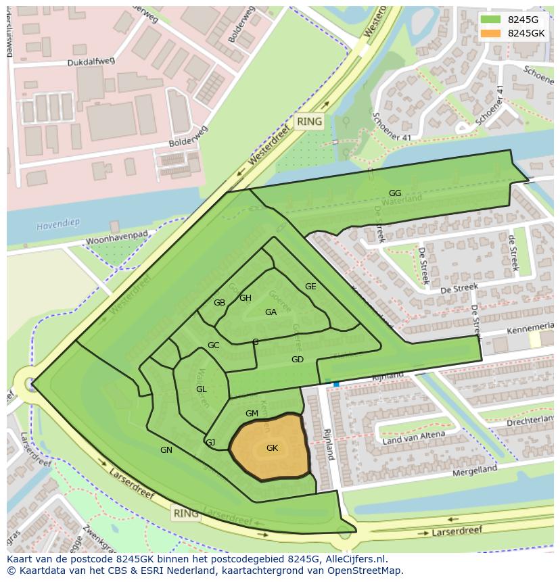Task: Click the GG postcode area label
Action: point(395,193)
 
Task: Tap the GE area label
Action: point(310,287)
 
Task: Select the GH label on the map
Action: point(246,298)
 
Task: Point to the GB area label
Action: point(219,303)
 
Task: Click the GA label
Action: point(271,312)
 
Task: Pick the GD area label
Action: point(298,359)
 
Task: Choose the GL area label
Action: point(202,389)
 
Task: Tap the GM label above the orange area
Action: point(252,414)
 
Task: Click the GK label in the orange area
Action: point(272,448)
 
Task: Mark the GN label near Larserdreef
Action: point(166,450)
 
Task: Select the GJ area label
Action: point(210,443)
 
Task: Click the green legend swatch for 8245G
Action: point(490,20)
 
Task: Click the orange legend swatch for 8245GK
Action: point(490,33)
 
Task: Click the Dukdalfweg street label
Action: point(91,62)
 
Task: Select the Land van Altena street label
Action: point(413,438)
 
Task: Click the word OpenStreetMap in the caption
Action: point(367,571)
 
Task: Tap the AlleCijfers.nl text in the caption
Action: point(354,559)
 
